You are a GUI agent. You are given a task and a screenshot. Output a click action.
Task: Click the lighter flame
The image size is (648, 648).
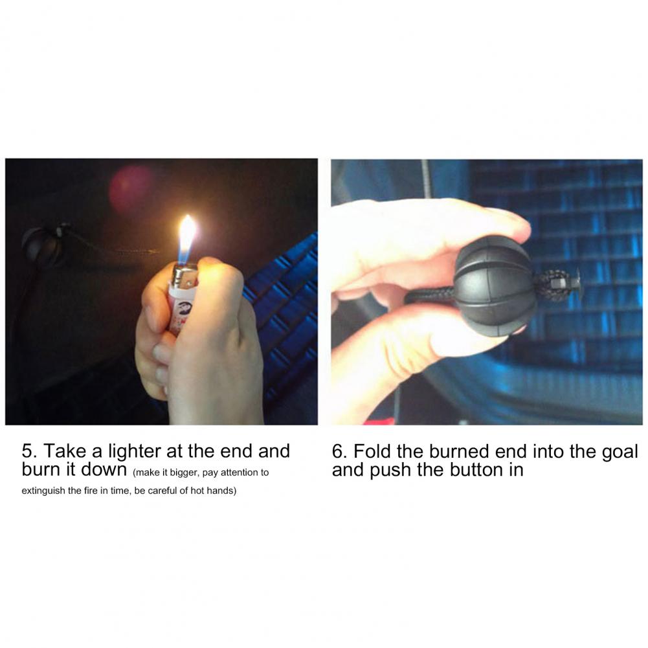[x=186, y=240]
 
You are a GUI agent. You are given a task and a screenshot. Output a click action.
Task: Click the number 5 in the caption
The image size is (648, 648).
[x=27, y=451]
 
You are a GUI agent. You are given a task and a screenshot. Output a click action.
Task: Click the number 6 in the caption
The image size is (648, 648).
[x=338, y=451]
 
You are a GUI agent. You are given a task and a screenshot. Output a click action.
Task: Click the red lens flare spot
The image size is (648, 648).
[x=131, y=188]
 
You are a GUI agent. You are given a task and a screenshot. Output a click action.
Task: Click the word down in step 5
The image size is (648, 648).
[x=104, y=470]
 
